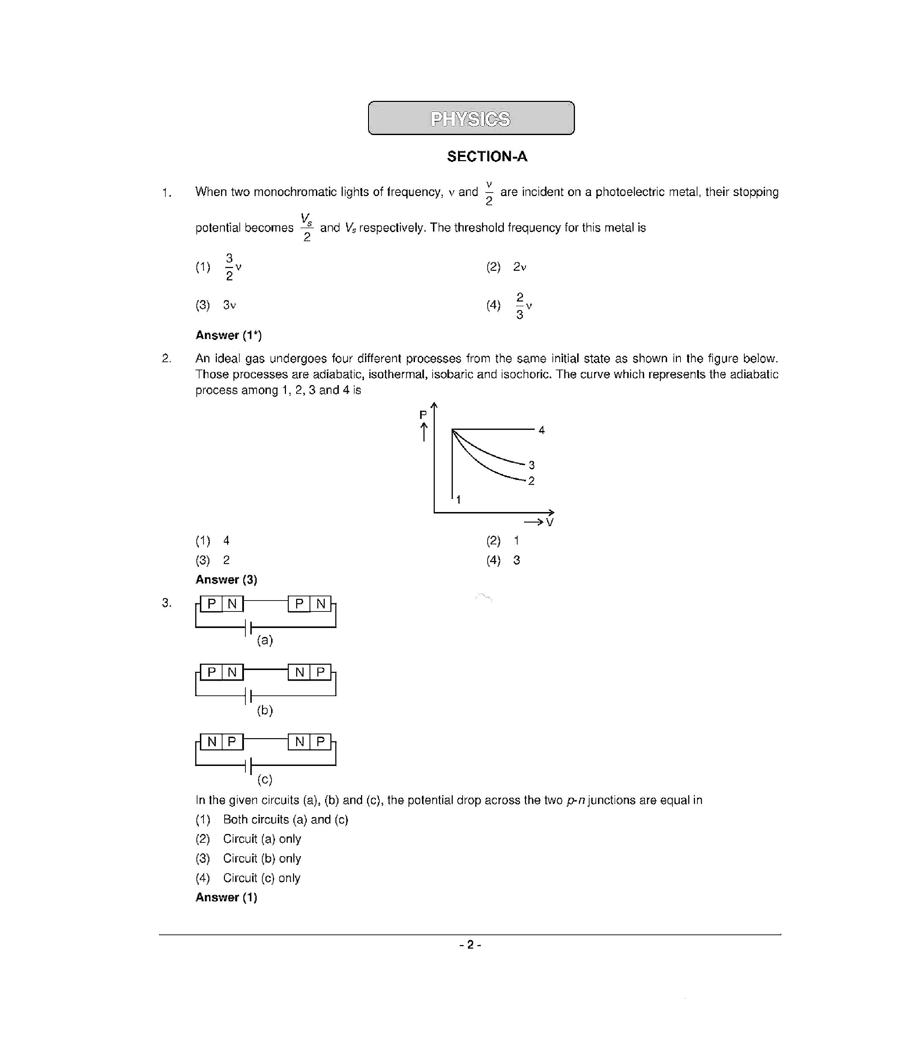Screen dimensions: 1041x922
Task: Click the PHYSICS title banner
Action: click(471, 118)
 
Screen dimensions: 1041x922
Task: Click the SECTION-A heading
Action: click(487, 156)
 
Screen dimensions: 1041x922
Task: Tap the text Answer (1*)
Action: click(228, 335)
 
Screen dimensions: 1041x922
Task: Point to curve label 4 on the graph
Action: click(541, 430)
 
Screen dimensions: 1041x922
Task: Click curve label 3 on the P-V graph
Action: click(531, 465)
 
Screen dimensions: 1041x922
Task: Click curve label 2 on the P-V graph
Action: click(531, 481)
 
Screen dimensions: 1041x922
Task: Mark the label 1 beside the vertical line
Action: click(458, 500)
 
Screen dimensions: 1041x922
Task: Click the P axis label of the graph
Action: click(422, 415)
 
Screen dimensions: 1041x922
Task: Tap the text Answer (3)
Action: click(226, 580)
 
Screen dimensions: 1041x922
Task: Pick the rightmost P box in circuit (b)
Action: click(320, 672)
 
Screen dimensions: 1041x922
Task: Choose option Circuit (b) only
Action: click(262, 858)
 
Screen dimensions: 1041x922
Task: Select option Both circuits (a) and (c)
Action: click(285, 820)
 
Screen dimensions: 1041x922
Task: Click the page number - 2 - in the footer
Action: click(470, 945)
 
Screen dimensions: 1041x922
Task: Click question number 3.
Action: click(166, 603)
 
